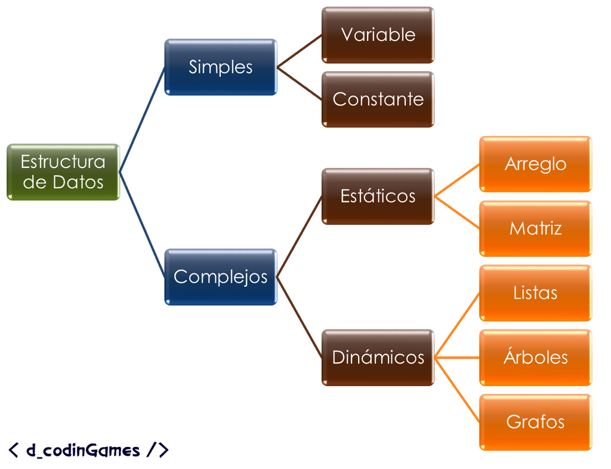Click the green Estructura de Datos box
click(x=63, y=172)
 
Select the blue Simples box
click(x=221, y=67)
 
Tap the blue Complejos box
click(x=221, y=277)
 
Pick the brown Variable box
click(x=378, y=35)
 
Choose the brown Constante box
click(x=378, y=100)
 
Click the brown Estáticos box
click(x=378, y=196)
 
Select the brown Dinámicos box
click(x=378, y=358)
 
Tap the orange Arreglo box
click(x=535, y=164)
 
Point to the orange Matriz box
click(x=535, y=228)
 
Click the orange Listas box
click(x=535, y=293)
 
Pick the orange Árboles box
click(x=535, y=358)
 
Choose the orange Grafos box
click(x=535, y=423)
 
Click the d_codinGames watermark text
click(x=88, y=450)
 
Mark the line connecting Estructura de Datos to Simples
click(x=142, y=120)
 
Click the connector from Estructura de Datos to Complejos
click(x=142, y=225)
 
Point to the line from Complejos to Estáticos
click(x=300, y=237)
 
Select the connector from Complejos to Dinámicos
click(x=300, y=317)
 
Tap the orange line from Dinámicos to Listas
click(x=456, y=325)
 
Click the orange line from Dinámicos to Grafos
click(x=456, y=390)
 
